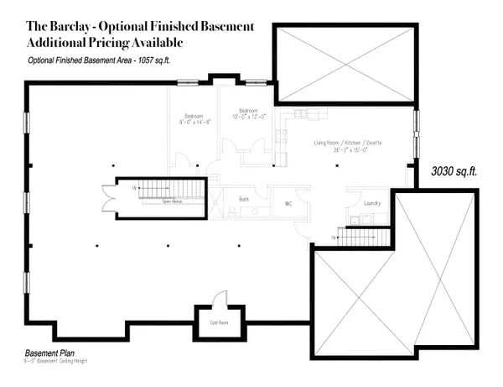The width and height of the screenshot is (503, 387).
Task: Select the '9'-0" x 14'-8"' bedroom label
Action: click(194, 121)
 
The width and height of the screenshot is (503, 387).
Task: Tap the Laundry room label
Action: click(373, 202)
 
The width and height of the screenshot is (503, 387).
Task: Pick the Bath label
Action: click(243, 199)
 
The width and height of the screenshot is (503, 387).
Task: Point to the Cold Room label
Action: click(219, 321)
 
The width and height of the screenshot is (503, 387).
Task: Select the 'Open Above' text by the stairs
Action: click(173, 202)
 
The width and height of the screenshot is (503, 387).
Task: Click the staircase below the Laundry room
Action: click(357, 238)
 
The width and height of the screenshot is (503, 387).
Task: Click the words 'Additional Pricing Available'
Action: click(105, 41)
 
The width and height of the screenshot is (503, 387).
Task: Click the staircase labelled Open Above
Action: click(163, 188)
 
